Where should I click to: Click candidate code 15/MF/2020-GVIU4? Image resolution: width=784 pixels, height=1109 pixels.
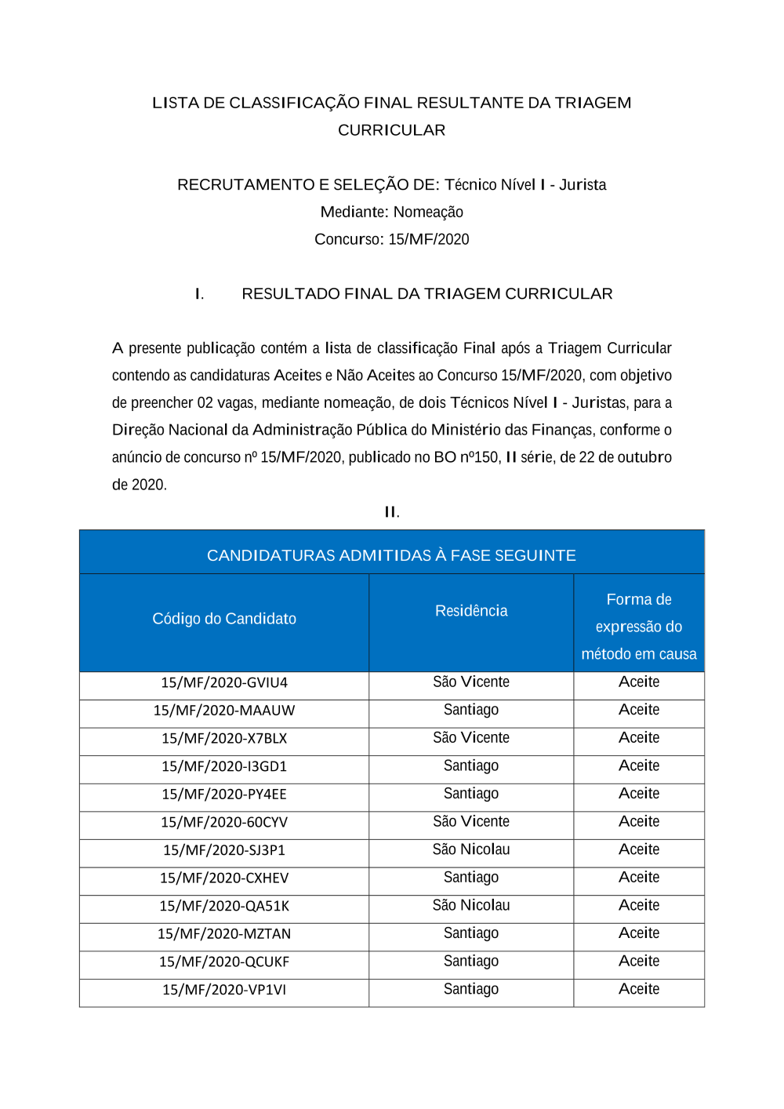(224, 682)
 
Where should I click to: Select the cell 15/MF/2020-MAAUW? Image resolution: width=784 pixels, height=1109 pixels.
(224, 711)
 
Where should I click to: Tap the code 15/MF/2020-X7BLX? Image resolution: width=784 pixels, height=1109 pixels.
(224, 739)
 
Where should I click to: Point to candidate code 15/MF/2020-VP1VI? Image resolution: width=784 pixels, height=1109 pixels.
(224, 990)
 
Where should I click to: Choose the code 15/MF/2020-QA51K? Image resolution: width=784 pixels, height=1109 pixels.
(224, 906)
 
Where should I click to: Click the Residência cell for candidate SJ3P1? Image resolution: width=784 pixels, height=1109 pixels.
(471, 849)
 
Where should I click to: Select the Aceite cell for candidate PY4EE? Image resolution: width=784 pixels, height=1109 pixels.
(639, 794)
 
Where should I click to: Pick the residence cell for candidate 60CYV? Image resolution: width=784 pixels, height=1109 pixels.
(471, 821)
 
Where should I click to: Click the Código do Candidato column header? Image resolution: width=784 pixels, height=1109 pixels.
(224, 619)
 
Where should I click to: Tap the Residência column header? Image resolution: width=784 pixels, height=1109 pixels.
(471, 611)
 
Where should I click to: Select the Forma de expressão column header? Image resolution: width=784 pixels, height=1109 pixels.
(639, 626)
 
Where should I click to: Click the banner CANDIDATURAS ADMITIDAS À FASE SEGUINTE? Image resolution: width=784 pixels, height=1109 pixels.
(391, 555)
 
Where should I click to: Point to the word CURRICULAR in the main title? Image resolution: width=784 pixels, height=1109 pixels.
(391, 130)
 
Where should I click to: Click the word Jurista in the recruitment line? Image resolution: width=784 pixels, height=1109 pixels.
(583, 185)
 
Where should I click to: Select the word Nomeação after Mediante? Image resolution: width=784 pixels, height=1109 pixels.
(428, 213)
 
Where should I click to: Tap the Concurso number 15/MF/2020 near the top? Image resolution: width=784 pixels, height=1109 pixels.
(429, 239)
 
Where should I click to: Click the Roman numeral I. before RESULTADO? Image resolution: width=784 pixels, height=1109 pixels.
(200, 294)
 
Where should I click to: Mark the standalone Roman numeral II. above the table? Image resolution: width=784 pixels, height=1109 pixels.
(392, 512)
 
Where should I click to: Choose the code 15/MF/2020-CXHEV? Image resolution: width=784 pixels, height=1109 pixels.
(224, 878)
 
